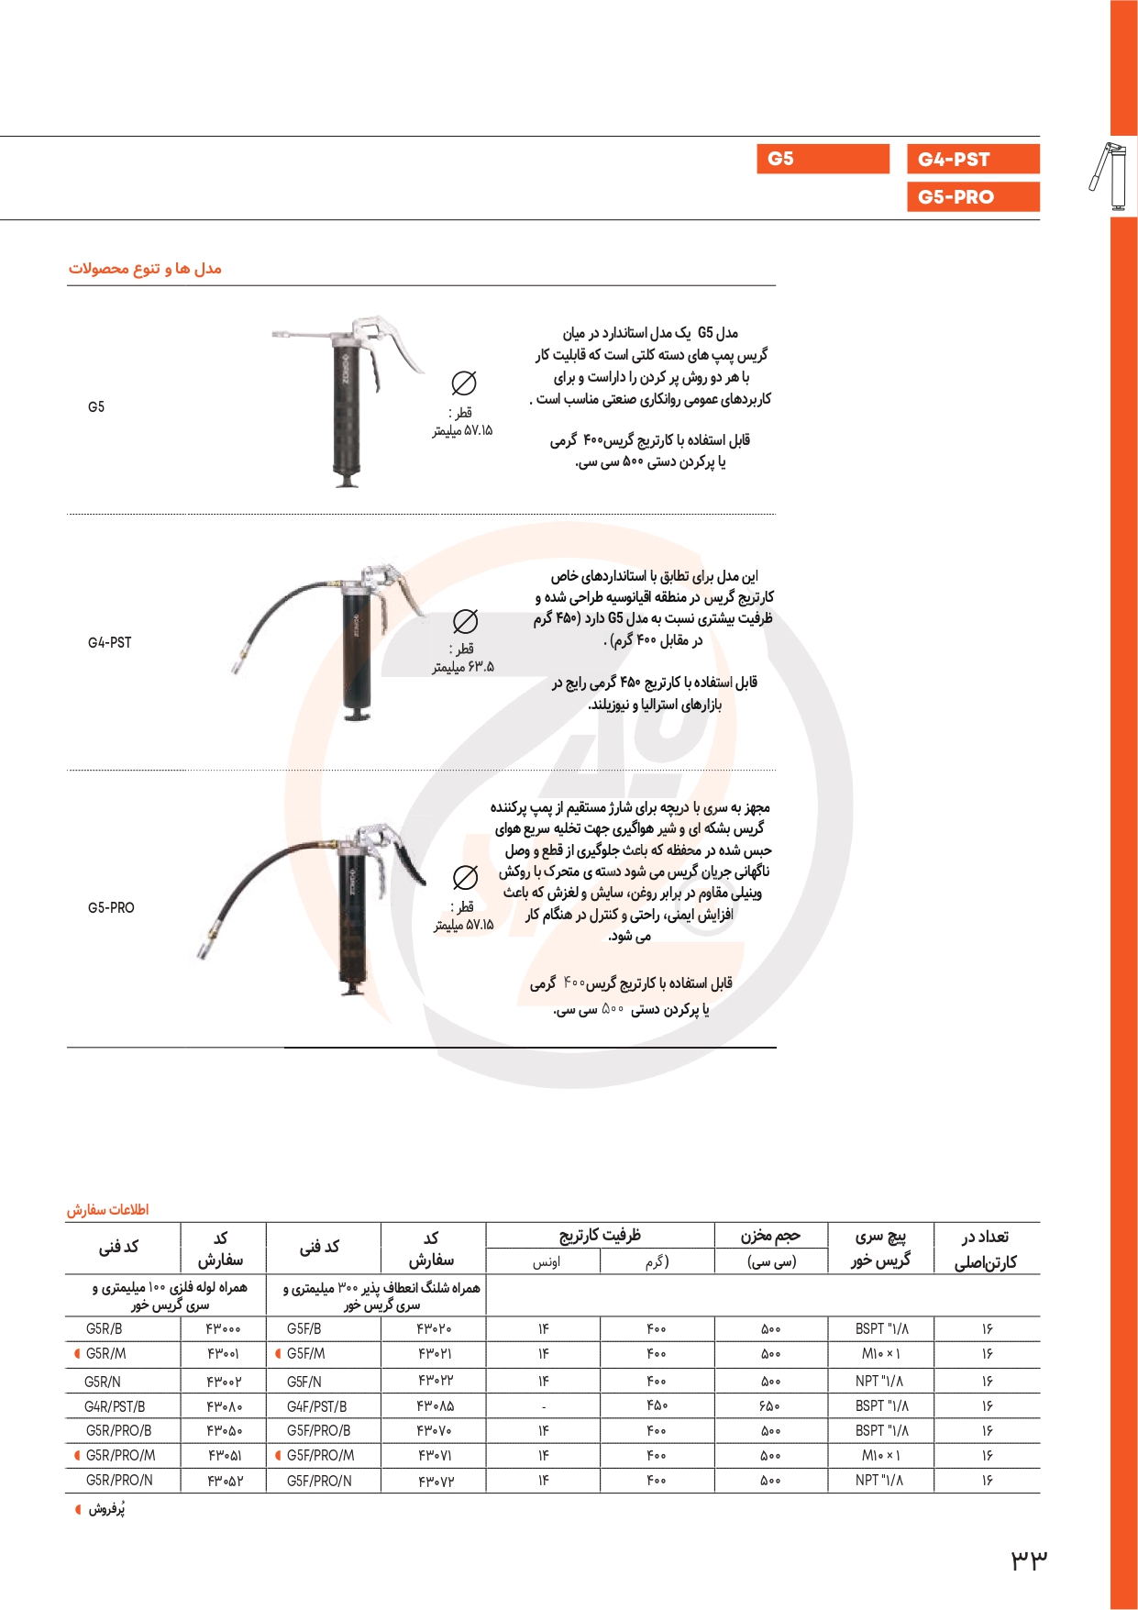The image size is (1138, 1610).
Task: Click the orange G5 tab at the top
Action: tap(823, 159)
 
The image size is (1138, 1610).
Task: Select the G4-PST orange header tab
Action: tap(972, 159)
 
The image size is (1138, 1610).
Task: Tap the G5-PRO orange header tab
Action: tap(972, 196)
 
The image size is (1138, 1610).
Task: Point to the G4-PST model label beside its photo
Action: tap(109, 642)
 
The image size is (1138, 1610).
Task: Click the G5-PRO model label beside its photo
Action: tap(111, 907)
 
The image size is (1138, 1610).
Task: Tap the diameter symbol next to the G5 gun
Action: tap(464, 383)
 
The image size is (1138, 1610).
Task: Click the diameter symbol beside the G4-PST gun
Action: tap(465, 621)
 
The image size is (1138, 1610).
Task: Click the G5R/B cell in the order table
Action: tap(104, 1328)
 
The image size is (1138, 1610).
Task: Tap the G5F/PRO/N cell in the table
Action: tap(319, 1480)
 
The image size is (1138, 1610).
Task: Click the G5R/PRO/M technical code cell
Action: tap(120, 1455)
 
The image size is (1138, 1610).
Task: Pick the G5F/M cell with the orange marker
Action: tap(305, 1353)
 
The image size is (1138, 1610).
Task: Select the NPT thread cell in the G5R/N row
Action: tap(878, 1381)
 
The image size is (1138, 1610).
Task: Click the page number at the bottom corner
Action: tap(1029, 1558)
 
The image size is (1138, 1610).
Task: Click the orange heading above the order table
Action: tap(107, 1209)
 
